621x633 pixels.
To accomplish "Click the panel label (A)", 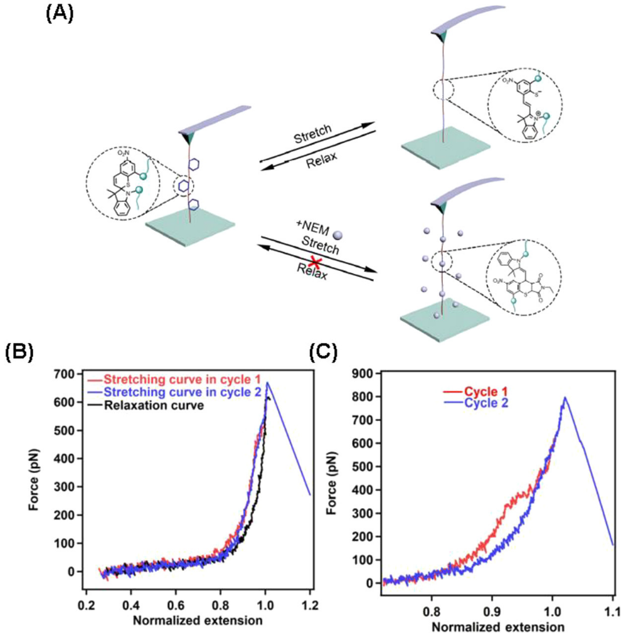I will pos(60,14).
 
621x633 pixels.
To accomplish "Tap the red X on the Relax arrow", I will pos(317,267).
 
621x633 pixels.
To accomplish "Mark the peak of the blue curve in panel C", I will pos(565,397).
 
